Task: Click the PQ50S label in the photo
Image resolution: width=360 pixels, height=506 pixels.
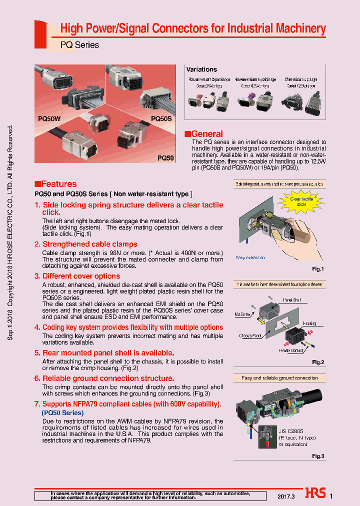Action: pyautogui.click(x=161, y=119)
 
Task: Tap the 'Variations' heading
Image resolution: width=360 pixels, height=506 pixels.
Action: pyautogui.click(x=201, y=69)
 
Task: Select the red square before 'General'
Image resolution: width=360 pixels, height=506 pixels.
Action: pyautogui.click(x=187, y=134)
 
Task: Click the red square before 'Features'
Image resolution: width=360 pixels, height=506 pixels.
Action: pyautogui.click(x=37, y=184)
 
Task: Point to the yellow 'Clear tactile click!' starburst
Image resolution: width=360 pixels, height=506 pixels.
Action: pyautogui.click(x=301, y=201)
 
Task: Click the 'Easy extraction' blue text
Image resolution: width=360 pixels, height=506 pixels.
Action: pyautogui.click(x=250, y=257)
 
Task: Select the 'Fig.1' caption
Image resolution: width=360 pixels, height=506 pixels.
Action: pyautogui.click(x=318, y=269)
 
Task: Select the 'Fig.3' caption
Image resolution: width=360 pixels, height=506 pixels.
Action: pyautogui.click(x=318, y=456)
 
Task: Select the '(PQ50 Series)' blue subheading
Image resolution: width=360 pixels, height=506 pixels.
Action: pyautogui.click(x=62, y=413)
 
